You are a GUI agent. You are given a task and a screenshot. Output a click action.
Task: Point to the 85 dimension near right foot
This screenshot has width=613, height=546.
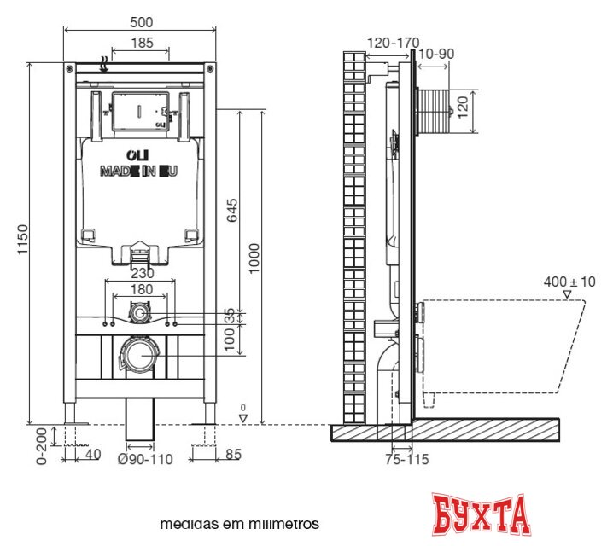[231, 456]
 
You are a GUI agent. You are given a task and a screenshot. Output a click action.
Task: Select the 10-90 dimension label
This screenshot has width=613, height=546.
[436, 54]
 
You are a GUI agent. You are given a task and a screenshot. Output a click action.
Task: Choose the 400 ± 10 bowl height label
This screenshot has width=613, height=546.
[569, 281]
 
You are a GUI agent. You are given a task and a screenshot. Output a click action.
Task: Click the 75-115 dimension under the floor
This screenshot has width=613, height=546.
[406, 460]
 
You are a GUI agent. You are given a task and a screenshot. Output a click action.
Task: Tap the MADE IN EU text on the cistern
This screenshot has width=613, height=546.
[138, 171]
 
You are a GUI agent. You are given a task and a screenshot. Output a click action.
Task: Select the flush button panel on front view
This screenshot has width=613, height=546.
[139, 111]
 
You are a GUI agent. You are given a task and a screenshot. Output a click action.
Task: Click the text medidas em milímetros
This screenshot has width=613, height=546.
[239, 523]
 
